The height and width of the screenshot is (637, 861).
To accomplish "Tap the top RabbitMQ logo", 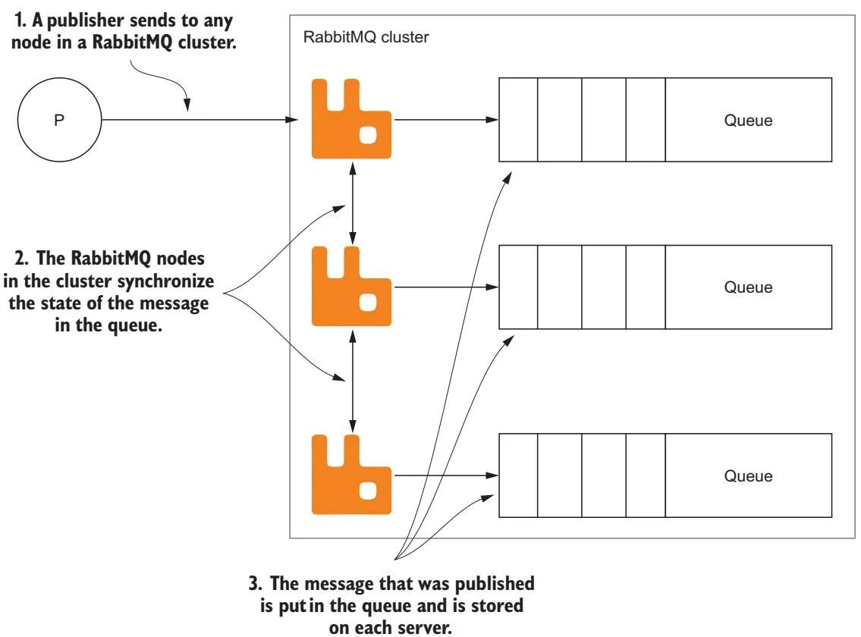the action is point(351,119).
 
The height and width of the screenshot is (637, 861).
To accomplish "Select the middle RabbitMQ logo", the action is point(351,286).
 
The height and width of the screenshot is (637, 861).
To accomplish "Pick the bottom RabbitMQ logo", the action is point(351,475).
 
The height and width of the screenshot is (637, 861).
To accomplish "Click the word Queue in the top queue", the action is point(748,121).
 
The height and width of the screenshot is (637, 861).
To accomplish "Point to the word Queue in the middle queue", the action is point(748,287).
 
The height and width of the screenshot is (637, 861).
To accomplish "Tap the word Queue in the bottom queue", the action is point(748,475).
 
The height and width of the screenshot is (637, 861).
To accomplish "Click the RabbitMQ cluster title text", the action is point(366,37).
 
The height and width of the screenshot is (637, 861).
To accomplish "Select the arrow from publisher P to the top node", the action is point(200,120).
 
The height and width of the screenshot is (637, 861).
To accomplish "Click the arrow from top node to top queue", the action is point(446,120).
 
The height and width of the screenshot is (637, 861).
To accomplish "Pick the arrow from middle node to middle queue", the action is point(446,287).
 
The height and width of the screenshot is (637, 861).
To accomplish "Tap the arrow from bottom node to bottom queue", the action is point(446,475).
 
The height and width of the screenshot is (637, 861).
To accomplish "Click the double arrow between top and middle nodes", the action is point(353,202).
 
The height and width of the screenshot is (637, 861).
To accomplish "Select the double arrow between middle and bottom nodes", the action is point(353,381).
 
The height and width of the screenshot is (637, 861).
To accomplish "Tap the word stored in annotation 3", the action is point(496,606).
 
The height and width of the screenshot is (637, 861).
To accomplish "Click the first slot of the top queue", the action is point(518,120).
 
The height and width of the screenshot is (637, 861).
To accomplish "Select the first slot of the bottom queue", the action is point(518,475).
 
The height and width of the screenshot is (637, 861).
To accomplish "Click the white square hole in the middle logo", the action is point(368,302).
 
